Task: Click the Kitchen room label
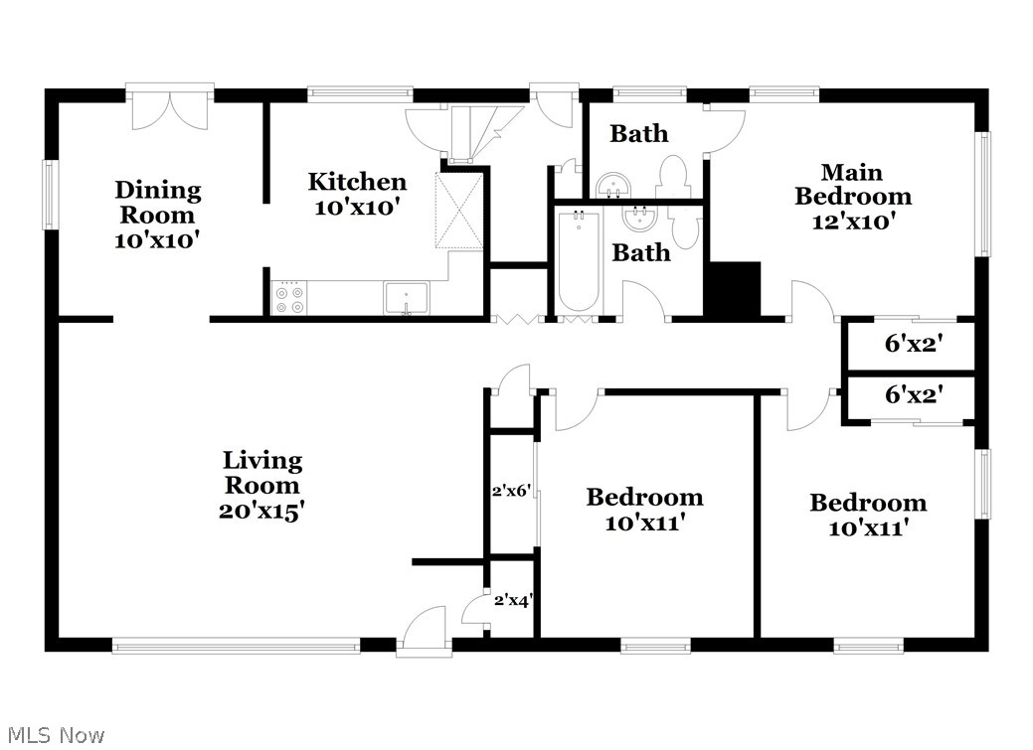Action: pos(357,182)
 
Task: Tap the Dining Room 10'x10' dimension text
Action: pos(157,240)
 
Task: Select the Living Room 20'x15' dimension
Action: pos(261,511)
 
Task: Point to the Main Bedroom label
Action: pos(853,185)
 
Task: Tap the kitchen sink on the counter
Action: pos(407,298)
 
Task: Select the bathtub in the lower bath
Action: pos(578,262)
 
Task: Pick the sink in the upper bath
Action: pos(614,185)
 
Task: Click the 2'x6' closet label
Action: pos(511,491)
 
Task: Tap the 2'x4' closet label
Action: pos(513,600)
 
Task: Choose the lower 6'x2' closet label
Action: pos(914,394)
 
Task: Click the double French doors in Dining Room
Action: pos(170,110)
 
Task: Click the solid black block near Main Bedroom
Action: pos(733,289)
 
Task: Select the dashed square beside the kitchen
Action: pos(459,211)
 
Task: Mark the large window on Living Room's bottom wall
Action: pos(236,645)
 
